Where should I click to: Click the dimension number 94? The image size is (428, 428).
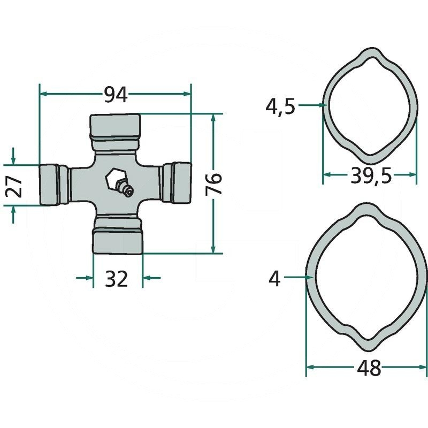[116, 95]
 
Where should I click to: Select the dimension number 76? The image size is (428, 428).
[213, 184]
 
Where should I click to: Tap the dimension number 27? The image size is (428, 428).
[14, 186]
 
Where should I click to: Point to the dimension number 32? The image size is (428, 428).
[116, 279]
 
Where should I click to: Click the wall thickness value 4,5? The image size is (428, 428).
[280, 106]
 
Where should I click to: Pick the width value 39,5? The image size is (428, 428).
[371, 176]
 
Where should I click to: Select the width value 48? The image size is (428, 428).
[369, 368]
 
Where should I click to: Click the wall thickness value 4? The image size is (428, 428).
[274, 279]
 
